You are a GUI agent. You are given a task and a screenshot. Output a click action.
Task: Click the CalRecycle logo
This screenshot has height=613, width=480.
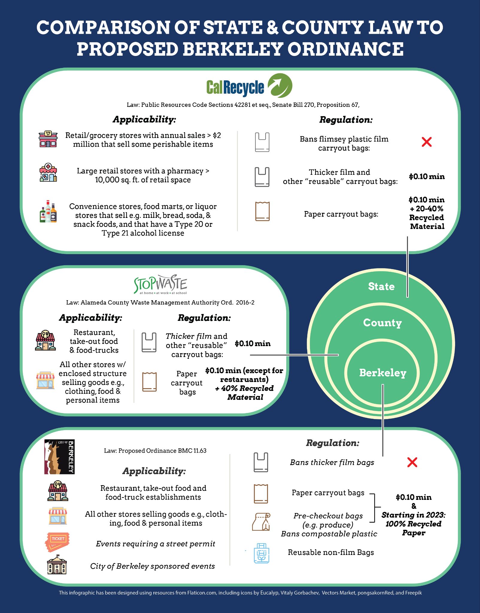tap(249, 86)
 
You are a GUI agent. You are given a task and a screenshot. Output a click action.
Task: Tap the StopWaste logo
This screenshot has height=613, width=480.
tap(160, 284)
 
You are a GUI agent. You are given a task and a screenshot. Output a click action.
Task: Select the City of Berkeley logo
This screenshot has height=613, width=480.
tap(59, 456)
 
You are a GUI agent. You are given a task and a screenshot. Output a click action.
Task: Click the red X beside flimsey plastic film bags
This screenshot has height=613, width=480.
tap(426, 142)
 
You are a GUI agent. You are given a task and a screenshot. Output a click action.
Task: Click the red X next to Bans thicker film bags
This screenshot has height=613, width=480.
tap(412, 462)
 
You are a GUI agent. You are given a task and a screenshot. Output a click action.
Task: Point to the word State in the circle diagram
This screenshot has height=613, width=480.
tap(381, 286)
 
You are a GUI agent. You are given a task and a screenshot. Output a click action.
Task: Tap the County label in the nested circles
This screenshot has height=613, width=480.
tap(382, 323)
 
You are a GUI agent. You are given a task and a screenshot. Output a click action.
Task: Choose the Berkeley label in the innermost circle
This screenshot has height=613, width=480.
tap(383, 373)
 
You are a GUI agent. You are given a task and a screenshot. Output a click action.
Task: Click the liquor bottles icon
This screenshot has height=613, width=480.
tap(48, 212)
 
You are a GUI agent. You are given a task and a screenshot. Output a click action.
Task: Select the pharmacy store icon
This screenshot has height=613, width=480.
tap(48, 173)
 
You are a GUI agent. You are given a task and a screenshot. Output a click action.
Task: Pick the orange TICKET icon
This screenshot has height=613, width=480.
tap(57, 542)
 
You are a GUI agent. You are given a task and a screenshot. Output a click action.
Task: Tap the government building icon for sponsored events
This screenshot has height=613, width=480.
tap(57, 565)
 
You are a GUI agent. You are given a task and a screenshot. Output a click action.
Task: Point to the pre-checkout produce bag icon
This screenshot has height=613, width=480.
tap(261, 522)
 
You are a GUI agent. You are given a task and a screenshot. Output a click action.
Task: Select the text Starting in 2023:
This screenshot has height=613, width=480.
tap(414, 515)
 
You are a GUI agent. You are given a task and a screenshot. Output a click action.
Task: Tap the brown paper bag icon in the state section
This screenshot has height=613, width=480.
tap(262, 212)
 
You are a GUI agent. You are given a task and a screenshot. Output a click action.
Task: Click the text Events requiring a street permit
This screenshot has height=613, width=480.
tap(155, 544)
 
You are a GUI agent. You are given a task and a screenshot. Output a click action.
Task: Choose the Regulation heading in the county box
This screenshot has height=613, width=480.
tap(204, 318)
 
